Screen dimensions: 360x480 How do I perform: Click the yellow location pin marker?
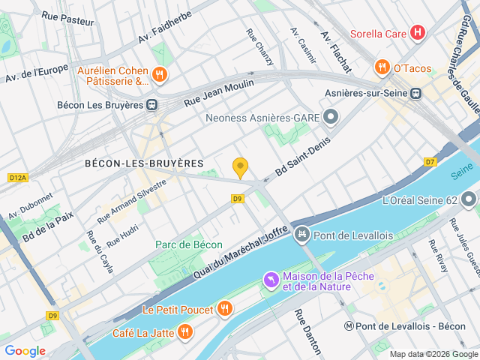coord(240,167)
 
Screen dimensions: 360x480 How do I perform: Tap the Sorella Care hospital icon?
coord(418,33)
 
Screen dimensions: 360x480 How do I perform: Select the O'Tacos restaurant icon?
coord(382,67)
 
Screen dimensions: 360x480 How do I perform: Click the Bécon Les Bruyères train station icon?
coord(152,105)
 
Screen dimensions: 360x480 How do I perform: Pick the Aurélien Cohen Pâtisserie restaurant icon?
coord(159,75)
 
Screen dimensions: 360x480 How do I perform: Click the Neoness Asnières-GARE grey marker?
coord(332,117)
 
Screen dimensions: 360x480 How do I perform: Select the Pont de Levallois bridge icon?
coord(301,235)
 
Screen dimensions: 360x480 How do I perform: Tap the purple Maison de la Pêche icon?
coord(270,280)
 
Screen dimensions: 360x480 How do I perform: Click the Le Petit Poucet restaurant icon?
coord(224,308)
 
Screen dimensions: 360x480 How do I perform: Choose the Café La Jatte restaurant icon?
coord(184,332)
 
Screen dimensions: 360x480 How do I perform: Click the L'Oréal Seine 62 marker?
coord(469,200)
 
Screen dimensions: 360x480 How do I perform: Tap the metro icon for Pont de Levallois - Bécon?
coord(349,326)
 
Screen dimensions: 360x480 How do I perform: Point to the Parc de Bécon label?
coord(189,244)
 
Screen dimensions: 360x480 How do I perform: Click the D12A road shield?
coord(17,178)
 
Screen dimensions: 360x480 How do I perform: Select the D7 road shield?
coord(430,161)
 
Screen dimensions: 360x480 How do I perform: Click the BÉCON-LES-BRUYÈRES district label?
coord(144,163)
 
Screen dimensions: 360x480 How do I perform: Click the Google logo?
coord(25,350)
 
